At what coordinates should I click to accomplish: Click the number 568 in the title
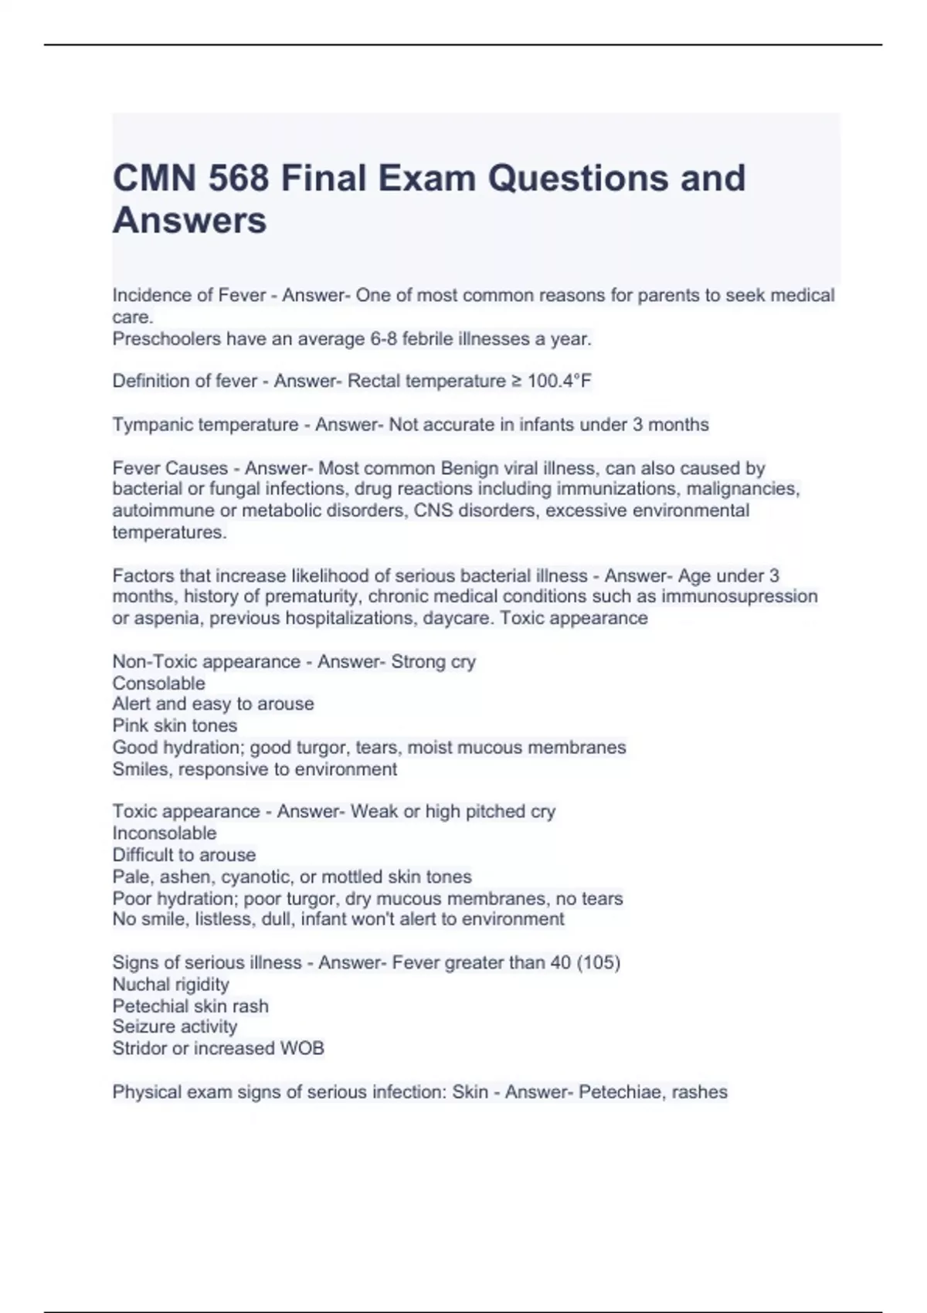239,178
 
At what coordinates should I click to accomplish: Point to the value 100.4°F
559,381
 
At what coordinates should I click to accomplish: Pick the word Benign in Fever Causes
470,468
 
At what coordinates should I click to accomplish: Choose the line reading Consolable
158,684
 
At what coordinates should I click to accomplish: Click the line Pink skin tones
175,725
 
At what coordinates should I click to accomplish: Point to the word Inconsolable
165,833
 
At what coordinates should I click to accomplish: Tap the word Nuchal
139,985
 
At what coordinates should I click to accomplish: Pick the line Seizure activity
175,1026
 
